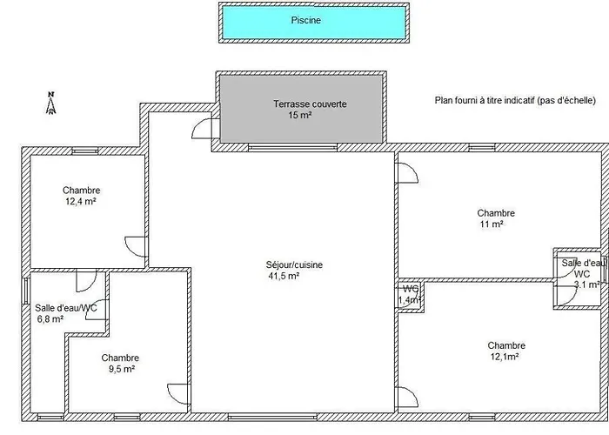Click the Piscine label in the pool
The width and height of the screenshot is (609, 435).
306,20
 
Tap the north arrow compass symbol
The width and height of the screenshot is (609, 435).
50,103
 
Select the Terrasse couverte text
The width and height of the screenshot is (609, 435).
310,104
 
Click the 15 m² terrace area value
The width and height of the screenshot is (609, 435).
300,115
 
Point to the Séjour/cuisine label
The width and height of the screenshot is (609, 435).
294,264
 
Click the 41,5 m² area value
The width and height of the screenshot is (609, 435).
284,276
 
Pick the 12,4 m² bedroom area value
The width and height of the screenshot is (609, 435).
81,201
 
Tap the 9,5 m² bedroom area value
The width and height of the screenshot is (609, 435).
122,369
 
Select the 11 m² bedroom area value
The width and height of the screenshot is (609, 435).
492,224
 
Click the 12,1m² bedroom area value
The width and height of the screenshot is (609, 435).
505,357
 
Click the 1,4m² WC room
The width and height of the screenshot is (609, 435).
410,294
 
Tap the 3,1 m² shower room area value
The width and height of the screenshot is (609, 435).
587,284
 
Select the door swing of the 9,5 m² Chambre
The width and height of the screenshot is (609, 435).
178,394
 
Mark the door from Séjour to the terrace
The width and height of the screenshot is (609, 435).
203,129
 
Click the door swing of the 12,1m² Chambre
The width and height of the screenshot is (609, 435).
407,397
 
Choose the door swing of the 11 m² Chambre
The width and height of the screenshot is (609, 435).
407,173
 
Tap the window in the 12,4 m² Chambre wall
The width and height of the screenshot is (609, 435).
85,151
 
